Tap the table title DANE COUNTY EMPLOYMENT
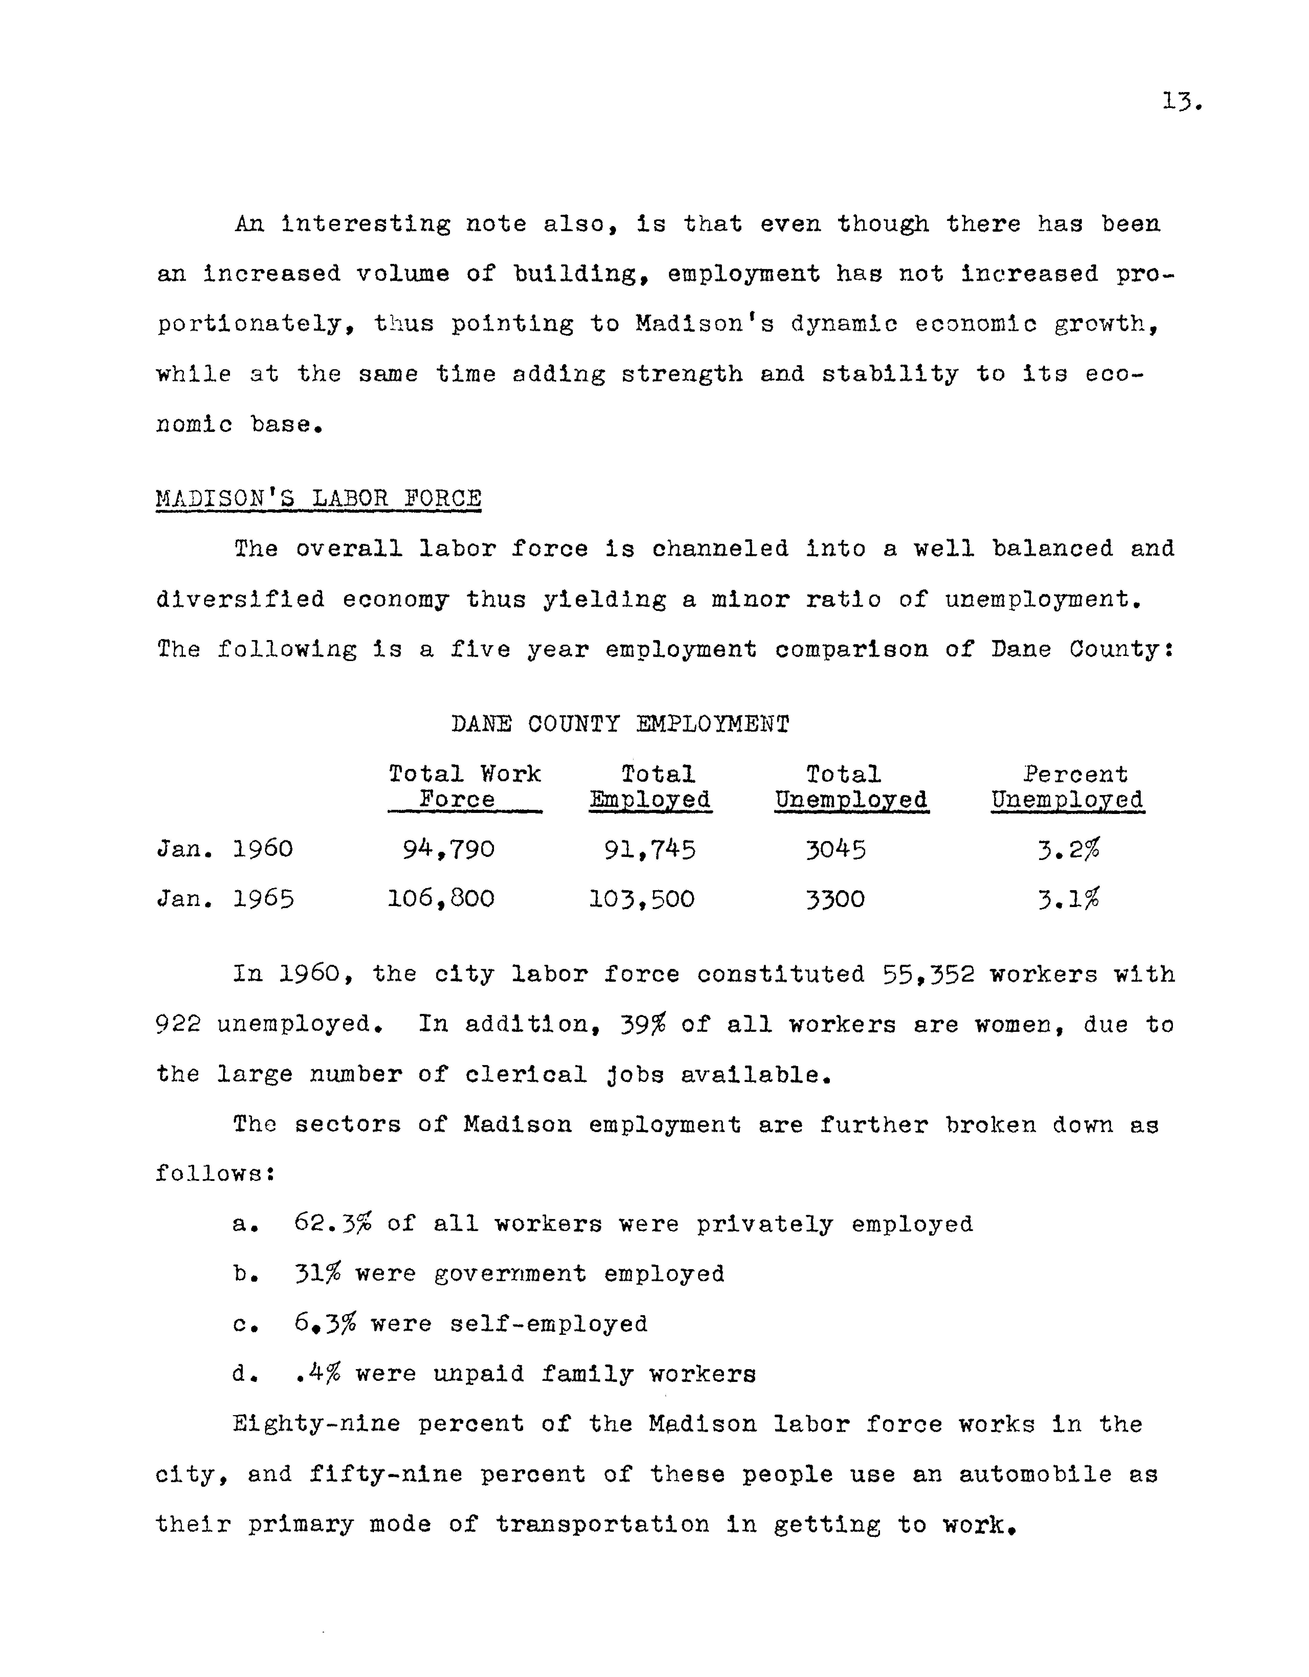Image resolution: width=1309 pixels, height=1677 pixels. pyautogui.click(x=620, y=724)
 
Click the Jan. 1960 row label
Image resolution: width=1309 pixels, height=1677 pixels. pyautogui.click(x=224, y=849)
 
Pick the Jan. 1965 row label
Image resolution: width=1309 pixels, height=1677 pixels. pyautogui.click(x=224, y=899)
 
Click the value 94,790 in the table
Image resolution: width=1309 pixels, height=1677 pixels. pyautogui.click(x=449, y=849)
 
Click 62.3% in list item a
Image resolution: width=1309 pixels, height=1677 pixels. pyautogui.click(x=333, y=1224)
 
